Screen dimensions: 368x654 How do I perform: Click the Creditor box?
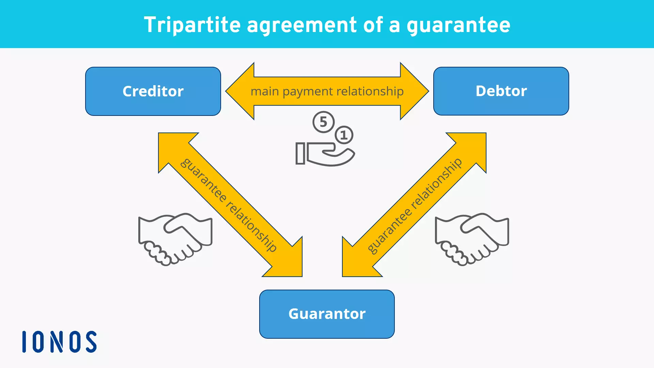(x=153, y=91)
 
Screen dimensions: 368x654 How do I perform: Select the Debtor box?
(x=501, y=91)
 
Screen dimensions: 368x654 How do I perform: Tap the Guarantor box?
(x=327, y=314)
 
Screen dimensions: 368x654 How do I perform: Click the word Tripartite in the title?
(x=192, y=25)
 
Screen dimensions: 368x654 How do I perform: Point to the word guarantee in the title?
(x=458, y=26)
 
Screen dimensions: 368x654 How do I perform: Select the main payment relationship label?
(x=327, y=91)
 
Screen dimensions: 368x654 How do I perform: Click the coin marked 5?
(x=323, y=122)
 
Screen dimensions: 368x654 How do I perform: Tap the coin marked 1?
(x=344, y=135)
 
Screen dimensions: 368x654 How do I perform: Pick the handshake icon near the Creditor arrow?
(x=175, y=239)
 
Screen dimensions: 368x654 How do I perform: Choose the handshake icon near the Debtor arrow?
(x=472, y=239)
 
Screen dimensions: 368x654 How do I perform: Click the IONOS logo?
(x=59, y=341)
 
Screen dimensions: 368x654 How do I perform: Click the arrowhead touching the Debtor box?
(x=414, y=91)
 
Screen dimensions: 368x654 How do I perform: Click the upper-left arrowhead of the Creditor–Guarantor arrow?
(x=172, y=147)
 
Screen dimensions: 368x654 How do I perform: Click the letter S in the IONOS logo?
(x=91, y=341)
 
